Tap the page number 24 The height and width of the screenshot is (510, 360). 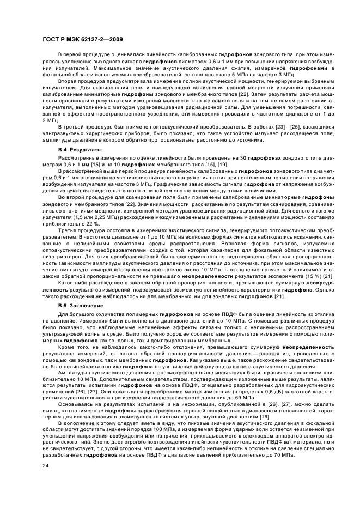[x=45, y=466]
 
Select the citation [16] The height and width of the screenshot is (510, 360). [x=264, y=416]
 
